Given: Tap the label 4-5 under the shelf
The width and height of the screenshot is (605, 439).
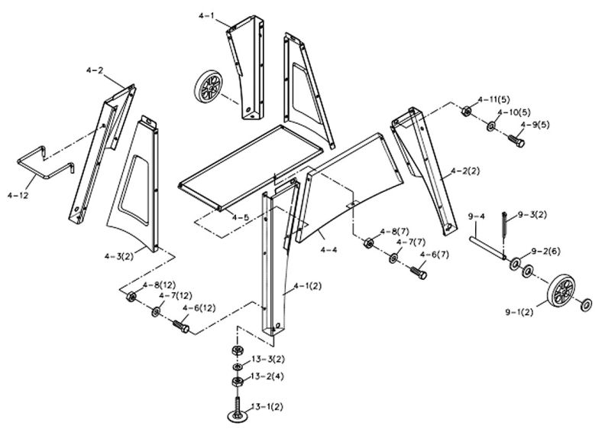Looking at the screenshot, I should coord(241,217).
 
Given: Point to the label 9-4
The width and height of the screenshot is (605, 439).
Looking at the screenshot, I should coord(477,217).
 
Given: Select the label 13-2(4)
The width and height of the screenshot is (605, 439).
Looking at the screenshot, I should coord(269,376).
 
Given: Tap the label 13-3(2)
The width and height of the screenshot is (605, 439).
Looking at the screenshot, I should coord(269,359).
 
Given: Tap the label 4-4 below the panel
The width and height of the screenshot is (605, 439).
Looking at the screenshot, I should coord(328,249).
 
